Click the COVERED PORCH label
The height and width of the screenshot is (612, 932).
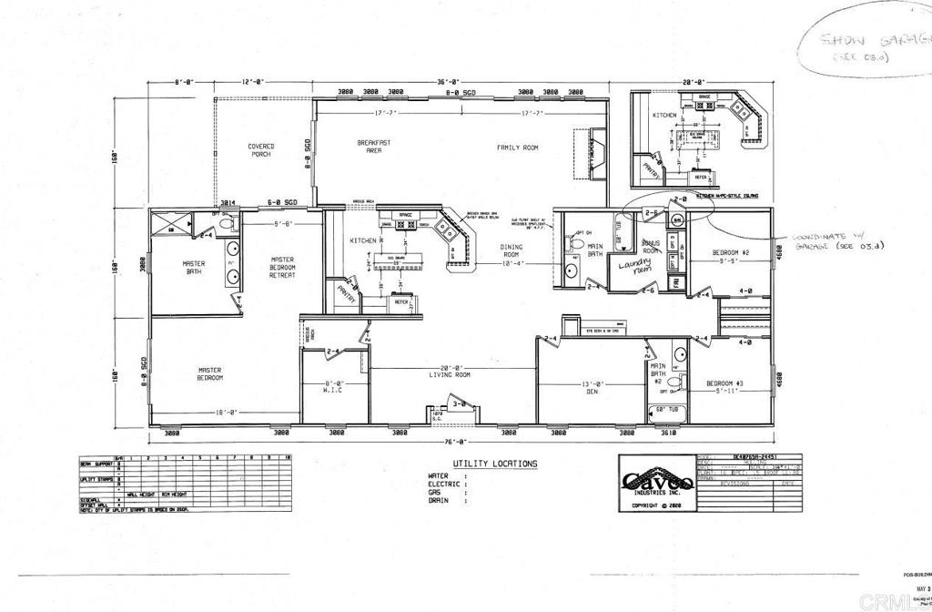coord(261,149)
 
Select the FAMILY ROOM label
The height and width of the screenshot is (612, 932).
coord(517,148)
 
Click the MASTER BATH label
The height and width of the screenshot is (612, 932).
coord(194,267)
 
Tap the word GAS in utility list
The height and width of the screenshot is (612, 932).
coord(436,493)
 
